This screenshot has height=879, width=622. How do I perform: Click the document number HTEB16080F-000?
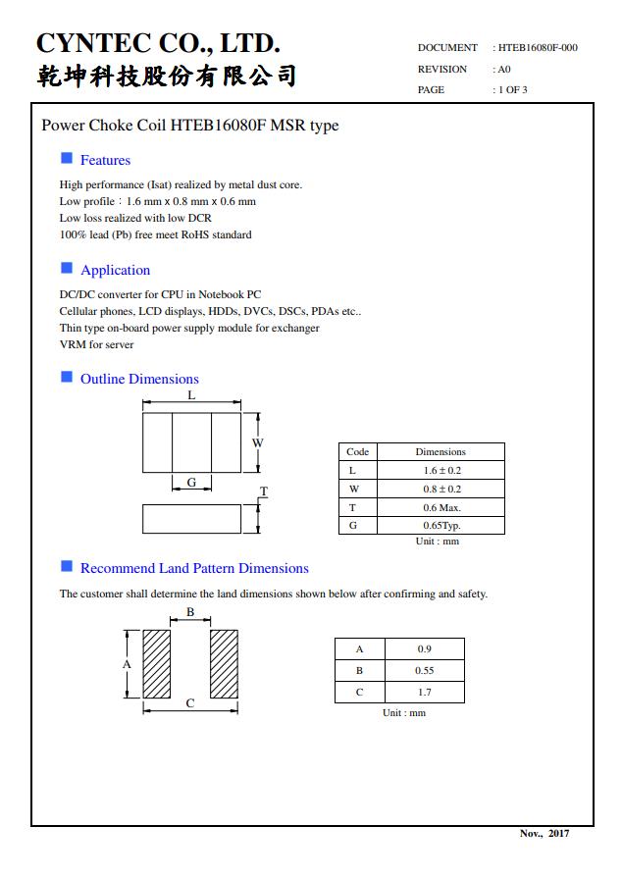[x=538, y=47]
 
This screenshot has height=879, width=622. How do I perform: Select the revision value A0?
[x=502, y=70]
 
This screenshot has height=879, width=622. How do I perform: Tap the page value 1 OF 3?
[x=510, y=90]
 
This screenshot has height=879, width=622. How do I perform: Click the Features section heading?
[x=105, y=160]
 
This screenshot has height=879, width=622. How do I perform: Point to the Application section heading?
[x=115, y=270]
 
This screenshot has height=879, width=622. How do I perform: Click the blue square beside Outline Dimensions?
[x=67, y=378]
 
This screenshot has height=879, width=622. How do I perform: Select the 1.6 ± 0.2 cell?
[x=441, y=471]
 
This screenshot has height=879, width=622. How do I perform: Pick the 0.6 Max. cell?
[x=441, y=507]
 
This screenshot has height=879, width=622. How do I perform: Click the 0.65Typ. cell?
[x=441, y=526]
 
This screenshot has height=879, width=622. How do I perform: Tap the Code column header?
[x=358, y=452]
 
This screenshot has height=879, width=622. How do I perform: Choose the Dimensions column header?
[x=441, y=452]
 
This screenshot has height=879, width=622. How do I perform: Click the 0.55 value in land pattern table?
[x=425, y=671]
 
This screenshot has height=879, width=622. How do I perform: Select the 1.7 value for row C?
[x=425, y=693]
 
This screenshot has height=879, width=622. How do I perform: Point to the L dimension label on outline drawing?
[x=191, y=395]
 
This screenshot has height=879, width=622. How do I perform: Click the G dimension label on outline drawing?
[x=191, y=482]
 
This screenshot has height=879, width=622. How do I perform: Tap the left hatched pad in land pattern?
[x=157, y=664]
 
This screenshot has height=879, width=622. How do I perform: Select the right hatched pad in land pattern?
[x=224, y=664]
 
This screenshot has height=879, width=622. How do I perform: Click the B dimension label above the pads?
[x=190, y=612]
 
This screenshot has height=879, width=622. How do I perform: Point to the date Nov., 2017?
[x=544, y=834]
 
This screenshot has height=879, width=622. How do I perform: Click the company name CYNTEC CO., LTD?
[x=158, y=43]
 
